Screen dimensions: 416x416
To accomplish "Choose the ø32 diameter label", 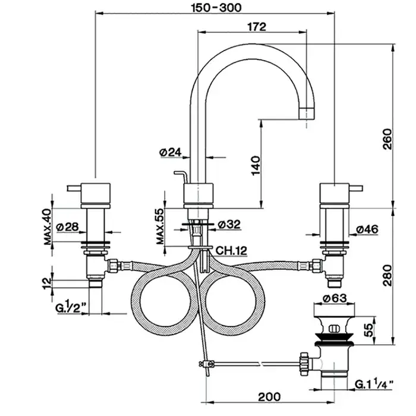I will (x=229, y=224).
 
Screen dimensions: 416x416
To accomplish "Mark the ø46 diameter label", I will (x=368, y=228).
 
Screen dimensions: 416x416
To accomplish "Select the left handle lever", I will (x=75, y=188).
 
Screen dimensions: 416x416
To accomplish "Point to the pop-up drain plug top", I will (x=333, y=310).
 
